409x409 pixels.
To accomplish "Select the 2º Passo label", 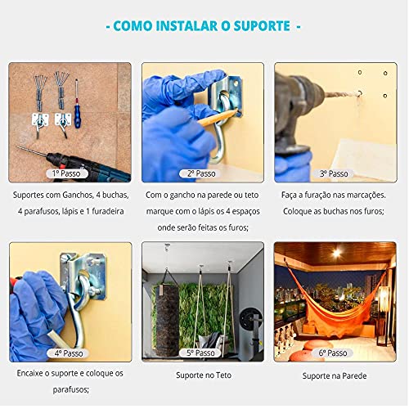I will click(x=202, y=173).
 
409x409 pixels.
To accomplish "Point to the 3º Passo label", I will click(x=334, y=173).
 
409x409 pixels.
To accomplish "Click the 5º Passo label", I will click(x=202, y=353).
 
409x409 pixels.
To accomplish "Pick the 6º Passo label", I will click(x=334, y=353).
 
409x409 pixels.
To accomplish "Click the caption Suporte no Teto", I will click(x=202, y=376).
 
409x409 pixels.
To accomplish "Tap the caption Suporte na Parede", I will click(x=334, y=376).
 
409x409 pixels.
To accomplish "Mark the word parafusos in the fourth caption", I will click(x=70, y=389).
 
